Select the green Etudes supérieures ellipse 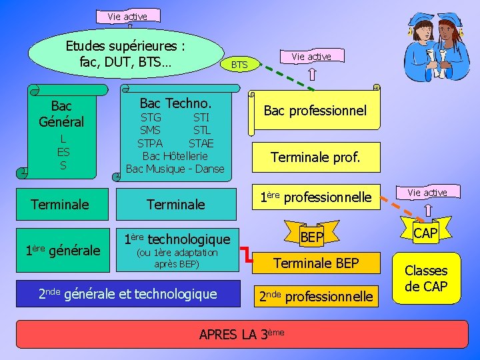(x=126, y=54)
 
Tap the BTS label (x=239, y=65)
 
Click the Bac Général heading (x=61, y=114)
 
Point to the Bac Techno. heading (x=175, y=103)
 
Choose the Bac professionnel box (x=315, y=111)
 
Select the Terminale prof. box (x=315, y=157)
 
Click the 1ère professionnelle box (x=315, y=197)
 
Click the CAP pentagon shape (x=425, y=233)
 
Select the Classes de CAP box (x=426, y=279)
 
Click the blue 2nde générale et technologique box (x=128, y=293)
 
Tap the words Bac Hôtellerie (x=175, y=156)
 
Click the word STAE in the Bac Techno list (x=201, y=143)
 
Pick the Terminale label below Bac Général (x=60, y=204)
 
